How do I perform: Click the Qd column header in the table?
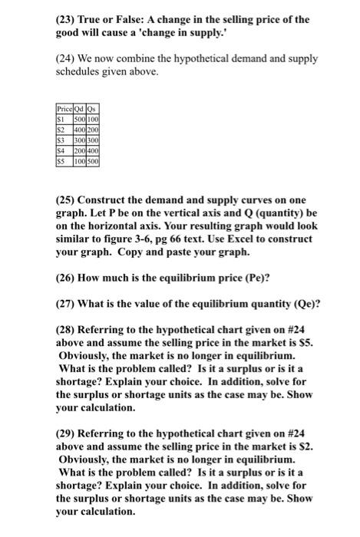79,110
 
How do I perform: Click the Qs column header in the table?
94,110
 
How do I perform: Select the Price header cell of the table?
64,110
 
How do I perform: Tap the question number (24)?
67,59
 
